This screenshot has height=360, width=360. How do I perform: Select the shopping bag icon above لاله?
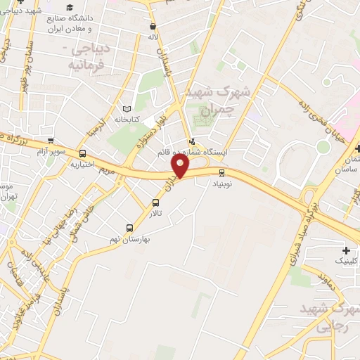[153, 26]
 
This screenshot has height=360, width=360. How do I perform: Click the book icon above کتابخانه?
[127, 110]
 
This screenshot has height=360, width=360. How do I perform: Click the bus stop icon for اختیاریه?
[82, 153]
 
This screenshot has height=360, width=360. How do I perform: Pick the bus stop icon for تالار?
[155, 202]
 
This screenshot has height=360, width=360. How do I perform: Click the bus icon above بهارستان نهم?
[129, 227]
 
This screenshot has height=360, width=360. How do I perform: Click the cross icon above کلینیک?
[346, 250]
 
